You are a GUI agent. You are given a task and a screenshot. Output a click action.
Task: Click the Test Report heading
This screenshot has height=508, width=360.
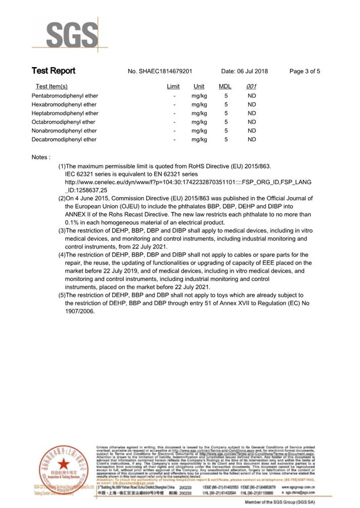coord(53,71)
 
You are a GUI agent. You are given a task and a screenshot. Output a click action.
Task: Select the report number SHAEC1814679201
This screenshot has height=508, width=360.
coord(160,72)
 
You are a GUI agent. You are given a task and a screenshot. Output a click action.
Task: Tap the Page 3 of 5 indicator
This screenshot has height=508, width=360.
coord(304,72)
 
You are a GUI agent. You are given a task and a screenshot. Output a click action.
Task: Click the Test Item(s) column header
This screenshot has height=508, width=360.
coord(52,87)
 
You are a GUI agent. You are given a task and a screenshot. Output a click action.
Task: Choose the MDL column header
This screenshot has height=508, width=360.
coord(225,87)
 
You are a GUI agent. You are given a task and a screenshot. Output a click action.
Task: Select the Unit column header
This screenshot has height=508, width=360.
coord(199,87)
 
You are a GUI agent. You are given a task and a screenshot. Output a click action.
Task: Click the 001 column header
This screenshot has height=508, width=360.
coord(251,87)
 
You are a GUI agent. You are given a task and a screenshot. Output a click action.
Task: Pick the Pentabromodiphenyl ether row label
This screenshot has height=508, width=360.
coord(65,96)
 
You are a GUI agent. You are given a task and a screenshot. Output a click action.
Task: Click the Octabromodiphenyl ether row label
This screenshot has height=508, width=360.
coord(63,122)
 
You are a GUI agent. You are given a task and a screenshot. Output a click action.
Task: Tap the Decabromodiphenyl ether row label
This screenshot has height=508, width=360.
coord(64,140)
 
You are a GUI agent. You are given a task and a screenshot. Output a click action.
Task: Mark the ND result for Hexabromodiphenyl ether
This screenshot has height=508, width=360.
coord(251,104)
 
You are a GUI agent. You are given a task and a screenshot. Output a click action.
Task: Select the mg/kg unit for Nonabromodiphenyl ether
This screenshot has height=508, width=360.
coord(199,131)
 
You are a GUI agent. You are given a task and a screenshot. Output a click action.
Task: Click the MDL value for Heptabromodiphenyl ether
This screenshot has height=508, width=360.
coord(226,114)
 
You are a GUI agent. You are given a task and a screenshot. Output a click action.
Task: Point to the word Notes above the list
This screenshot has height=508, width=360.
coord(40,157)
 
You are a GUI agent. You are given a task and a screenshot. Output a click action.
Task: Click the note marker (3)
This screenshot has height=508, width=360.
coord(62,231)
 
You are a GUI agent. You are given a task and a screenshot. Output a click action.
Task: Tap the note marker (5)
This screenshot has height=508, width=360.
coord(62,295)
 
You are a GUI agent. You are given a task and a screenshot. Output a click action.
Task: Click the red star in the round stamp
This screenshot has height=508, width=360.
coord(63,464)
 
